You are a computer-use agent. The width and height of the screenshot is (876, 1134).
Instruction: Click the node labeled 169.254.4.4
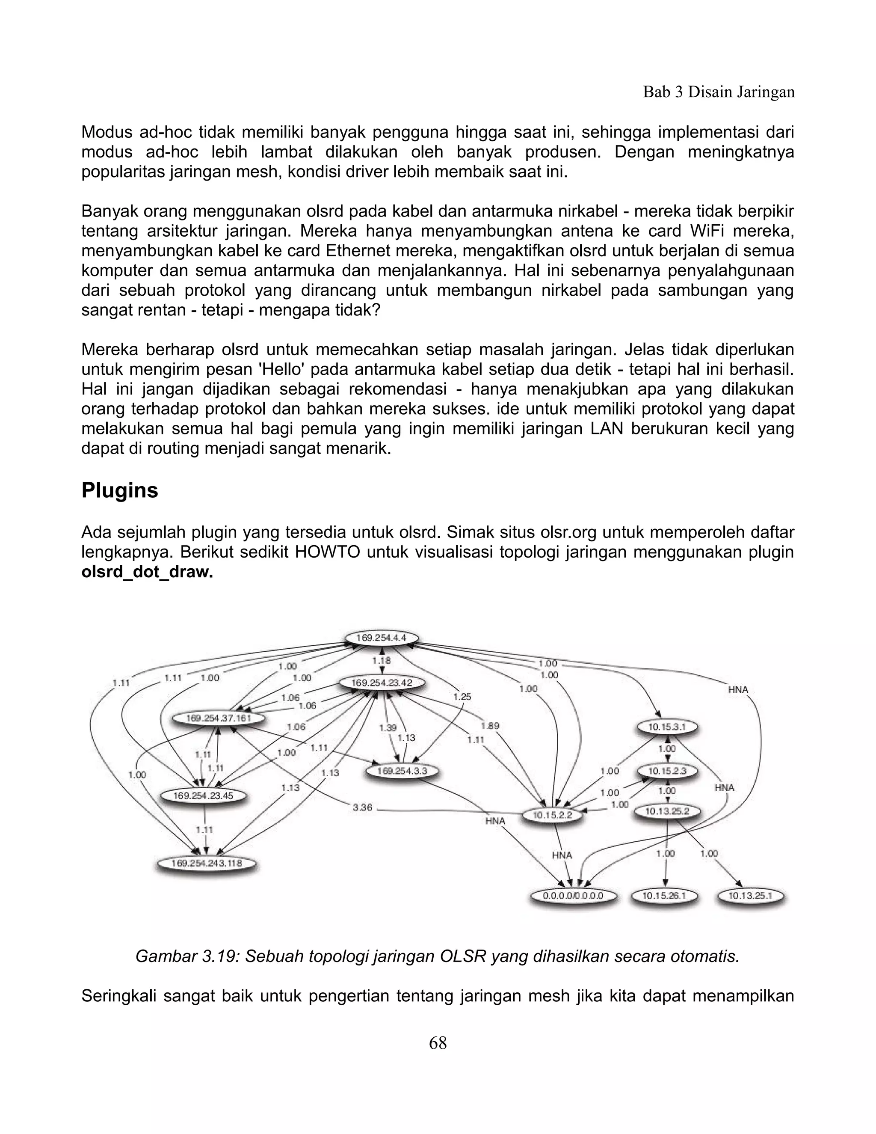click(382, 638)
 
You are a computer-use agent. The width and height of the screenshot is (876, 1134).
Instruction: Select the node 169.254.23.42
click(382, 683)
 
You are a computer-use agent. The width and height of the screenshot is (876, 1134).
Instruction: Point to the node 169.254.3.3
click(402, 772)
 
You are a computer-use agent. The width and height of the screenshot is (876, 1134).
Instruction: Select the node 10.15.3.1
click(667, 727)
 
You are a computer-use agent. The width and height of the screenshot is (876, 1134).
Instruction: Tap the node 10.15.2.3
click(667, 772)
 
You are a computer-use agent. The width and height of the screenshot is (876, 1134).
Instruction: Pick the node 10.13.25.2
click(667, 811)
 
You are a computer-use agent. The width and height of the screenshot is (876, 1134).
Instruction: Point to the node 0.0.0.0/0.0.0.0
click(572, 896)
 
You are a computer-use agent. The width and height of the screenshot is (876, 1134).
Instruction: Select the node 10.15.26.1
click(664, 896)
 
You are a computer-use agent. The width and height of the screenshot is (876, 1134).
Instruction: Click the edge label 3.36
click(362, 808)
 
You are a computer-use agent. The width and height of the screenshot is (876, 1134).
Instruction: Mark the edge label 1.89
click(490, 726)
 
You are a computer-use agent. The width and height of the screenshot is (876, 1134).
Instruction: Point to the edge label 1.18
click(382, 660)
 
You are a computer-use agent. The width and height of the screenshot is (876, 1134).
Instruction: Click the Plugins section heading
click(120, 491)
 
